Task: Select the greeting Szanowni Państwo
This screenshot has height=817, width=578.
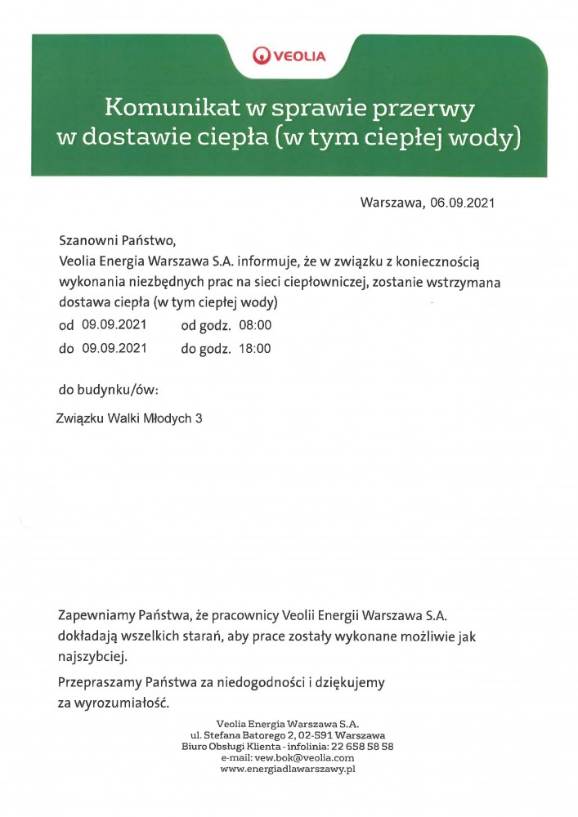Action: click(118, 242)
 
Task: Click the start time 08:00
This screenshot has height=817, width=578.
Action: click(254, 325)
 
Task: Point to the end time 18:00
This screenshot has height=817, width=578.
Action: click(254, 348)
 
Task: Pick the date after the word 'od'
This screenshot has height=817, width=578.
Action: click(114, 325)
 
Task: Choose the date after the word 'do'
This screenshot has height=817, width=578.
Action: click(114, 348)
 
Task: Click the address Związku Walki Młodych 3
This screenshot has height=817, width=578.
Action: click(128, 418)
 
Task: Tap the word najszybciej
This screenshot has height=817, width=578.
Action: click(93, 656)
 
